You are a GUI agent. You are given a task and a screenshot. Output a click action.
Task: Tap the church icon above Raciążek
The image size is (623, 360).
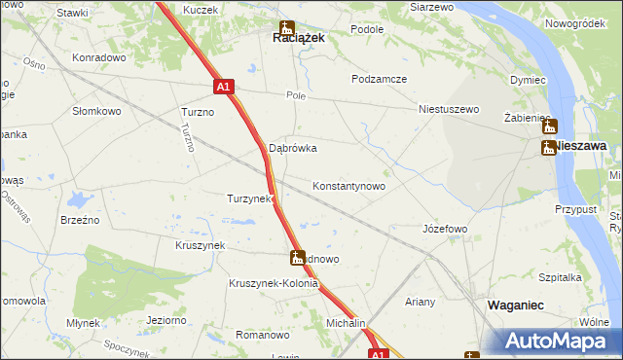coord(285,26)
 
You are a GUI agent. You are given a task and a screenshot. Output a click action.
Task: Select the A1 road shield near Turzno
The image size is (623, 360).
coord(223,87)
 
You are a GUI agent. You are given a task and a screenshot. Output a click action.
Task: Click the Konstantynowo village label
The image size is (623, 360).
coord(348,185)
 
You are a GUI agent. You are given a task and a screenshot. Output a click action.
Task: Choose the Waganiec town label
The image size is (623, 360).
coord(515,305)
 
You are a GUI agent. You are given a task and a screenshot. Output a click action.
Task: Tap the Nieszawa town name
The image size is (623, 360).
coord(581,145)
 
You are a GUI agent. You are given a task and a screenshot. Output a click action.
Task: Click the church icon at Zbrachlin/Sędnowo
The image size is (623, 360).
coord(298,258)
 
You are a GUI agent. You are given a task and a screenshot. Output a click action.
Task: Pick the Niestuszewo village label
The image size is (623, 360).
coord(449,109)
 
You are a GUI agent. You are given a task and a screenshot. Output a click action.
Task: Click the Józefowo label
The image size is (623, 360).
coord(445,229)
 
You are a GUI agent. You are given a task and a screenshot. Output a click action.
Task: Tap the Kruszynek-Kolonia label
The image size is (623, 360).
coord(274,284)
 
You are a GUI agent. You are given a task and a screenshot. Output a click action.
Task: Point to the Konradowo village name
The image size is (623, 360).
coord(100,57)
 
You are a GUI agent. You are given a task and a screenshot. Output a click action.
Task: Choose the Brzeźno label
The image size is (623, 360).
coord(80,221)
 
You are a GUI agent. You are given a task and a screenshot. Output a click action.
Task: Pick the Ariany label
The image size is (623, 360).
coord(421,302)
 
